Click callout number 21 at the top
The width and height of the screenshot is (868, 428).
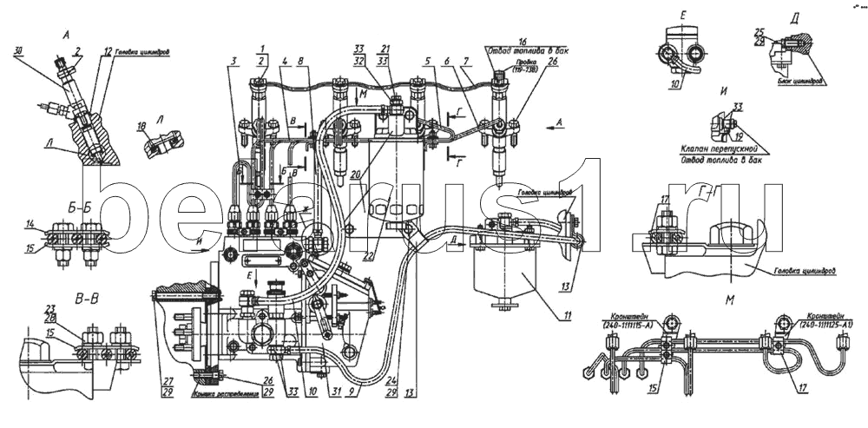(x=385, y=49)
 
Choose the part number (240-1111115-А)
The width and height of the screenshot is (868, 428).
(x=623, y=325)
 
